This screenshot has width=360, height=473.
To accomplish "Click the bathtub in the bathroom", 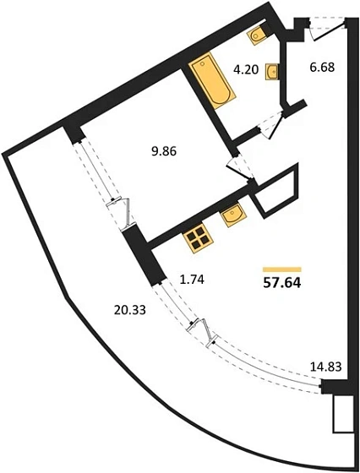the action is [x=212, y=80].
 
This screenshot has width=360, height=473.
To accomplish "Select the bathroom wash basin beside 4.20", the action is [x=272, y=72].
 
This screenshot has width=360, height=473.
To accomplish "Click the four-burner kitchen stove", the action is [x=198, y=238].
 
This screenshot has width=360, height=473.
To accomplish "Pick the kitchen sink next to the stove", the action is [x=234, y=215].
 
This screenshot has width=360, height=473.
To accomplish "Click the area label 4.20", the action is [x=246, y=70].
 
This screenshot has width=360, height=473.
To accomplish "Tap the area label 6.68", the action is [x=322, y=67].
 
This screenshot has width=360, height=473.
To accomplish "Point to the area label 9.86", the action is [x=164, y=151].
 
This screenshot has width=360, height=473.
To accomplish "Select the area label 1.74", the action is [x=192, y=280].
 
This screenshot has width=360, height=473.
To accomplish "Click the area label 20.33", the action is [x=130, y=310].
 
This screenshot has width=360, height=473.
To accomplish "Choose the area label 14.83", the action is [x=326, y=367].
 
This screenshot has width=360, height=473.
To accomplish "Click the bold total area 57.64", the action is [x=282, y=283].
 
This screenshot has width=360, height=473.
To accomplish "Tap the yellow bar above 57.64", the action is [x=282, y=269].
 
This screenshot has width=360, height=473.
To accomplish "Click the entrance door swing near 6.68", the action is [x=327, y=28].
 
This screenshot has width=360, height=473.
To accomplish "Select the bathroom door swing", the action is [x=270, y=125].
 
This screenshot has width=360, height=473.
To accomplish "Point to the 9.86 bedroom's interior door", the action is [x=242, y=168].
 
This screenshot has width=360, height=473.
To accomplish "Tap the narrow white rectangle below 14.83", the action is [x=343, y=414].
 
